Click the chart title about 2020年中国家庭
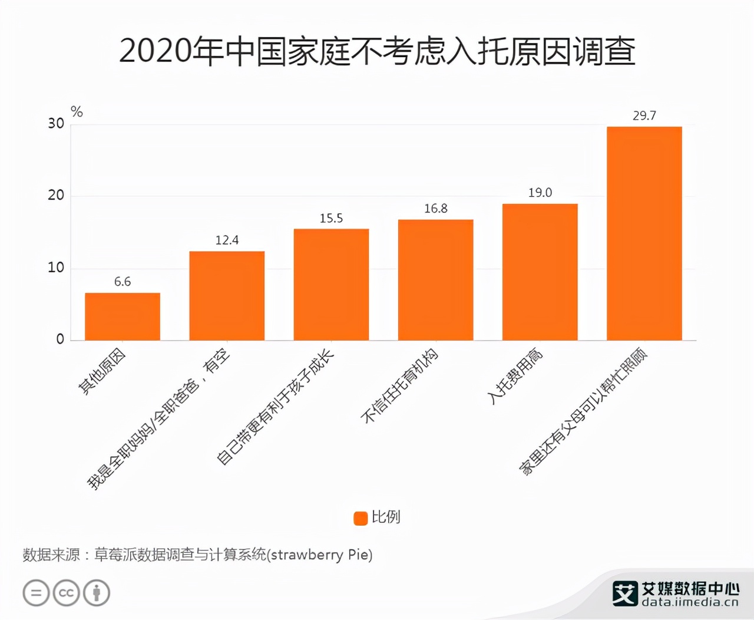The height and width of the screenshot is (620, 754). (377, 51)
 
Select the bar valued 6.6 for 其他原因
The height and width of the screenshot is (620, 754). (123, 316)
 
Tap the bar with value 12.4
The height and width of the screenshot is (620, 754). (227, 296)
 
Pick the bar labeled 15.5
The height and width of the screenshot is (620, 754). (331, 285)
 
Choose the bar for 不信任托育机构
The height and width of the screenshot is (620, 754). (435, 280)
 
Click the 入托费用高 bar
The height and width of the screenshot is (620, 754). (540, 272)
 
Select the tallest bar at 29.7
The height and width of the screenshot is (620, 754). (644, 233)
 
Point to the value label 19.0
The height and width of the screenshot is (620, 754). (540, 193)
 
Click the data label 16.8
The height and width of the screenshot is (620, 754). (435, 209)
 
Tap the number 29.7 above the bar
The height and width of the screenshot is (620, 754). (644, 116)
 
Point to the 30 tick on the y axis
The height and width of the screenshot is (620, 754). (56, 123)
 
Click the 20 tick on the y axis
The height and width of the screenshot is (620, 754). (56, 195)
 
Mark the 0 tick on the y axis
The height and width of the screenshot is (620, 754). (60, 339)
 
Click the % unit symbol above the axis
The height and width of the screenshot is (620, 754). (77, 111)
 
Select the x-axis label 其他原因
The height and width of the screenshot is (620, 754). (102, 371)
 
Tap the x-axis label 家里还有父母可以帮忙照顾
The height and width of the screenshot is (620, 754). (583, 412)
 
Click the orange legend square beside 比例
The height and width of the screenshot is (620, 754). (361, 517)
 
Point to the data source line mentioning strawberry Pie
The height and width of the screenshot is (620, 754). (197, 555)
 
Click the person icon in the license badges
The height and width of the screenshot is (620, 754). (97, 593)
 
